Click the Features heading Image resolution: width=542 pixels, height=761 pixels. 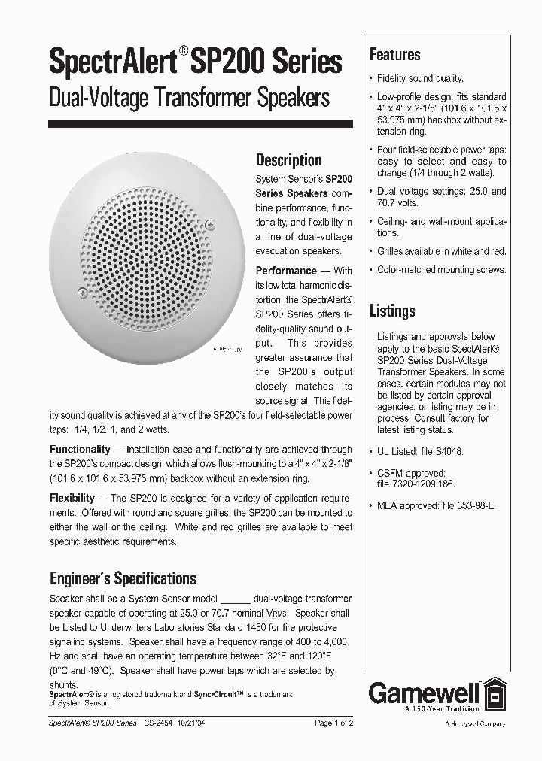(394, 55)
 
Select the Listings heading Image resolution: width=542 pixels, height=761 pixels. (391, 311)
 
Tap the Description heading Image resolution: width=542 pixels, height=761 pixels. (288, 159)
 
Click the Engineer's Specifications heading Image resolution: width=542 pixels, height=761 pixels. (123, 578)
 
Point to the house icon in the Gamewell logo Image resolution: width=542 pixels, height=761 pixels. (495, 693)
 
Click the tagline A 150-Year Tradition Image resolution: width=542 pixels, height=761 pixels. (442, 708)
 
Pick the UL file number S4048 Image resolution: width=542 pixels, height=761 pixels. (447, 452)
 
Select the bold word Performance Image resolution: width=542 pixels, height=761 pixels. (286, 271)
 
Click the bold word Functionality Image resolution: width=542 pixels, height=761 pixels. (81, 450)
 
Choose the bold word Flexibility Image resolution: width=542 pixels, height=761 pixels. (72, 499)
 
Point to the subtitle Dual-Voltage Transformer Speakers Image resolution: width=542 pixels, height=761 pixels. (189, 98)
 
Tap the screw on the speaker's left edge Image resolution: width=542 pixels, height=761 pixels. (82, 292)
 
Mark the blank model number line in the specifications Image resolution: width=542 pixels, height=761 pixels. (237, 599)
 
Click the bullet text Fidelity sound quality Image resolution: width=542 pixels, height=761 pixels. (420, 78)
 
